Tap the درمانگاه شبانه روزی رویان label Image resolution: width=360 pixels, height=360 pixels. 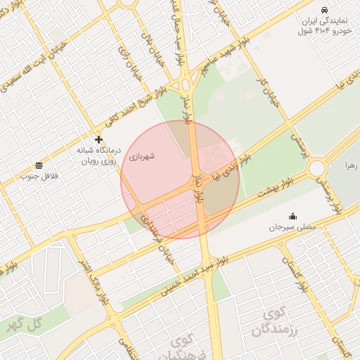[98, 155]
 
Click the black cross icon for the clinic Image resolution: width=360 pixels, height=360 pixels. [98, 140]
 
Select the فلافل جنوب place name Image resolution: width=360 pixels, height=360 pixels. [38, 175]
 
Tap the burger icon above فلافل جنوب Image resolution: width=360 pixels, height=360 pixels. [38, 165]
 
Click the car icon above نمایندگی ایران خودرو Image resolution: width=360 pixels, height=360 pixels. [323, 10]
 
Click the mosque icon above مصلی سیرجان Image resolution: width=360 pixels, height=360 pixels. [292, 216]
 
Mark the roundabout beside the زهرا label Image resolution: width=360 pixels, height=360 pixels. [316, 168]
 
